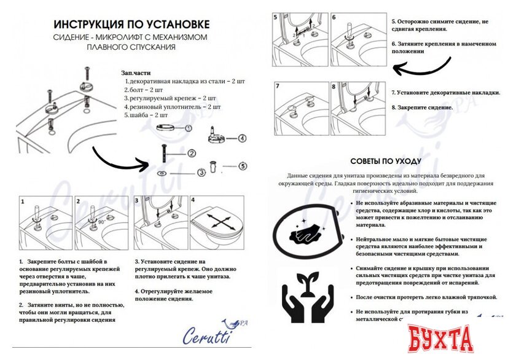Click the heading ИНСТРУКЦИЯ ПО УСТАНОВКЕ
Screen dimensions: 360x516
131,25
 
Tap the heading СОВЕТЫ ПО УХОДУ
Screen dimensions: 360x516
386,161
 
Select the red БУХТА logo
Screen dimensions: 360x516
443,338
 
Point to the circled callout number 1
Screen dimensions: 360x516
188,128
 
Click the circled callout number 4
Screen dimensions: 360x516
242,138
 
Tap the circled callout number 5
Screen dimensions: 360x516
242,165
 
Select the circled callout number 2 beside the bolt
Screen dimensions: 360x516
192,153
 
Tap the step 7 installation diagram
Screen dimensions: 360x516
300,108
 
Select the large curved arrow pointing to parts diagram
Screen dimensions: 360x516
123,159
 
